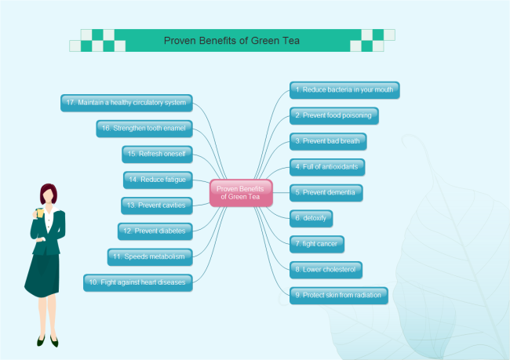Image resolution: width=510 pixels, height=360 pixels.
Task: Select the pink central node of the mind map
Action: pos(241,192)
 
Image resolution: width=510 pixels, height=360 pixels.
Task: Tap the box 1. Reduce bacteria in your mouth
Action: pos(344,89)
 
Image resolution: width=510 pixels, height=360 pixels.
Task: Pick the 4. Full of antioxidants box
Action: pos(327,166)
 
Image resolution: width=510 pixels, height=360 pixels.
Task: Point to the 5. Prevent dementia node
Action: pos(326,191)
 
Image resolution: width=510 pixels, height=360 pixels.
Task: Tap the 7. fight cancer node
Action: pos(317,243)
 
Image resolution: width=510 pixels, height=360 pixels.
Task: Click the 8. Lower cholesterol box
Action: pos(326,269)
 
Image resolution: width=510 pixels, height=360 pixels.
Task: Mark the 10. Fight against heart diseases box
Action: pos(137,282)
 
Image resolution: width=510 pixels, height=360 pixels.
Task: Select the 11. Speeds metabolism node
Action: pos(150,256)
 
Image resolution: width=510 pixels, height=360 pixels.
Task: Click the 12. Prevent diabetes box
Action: pos(155,231)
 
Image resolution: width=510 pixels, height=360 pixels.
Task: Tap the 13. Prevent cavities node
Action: pos(157,205)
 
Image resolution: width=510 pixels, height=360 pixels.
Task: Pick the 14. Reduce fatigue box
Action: pos(158,180)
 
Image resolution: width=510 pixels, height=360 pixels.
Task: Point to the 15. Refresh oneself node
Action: pos(158,154)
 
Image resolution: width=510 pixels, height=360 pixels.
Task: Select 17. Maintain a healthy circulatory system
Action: pos(126,102)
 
